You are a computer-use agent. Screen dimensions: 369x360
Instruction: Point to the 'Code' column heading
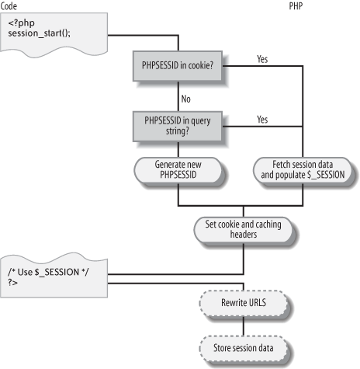[9, 5]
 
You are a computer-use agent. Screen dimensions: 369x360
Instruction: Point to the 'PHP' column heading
[296, 5]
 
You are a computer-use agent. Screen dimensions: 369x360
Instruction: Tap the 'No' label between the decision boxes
[185, 100]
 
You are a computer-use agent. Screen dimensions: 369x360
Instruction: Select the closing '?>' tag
[14, 281]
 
